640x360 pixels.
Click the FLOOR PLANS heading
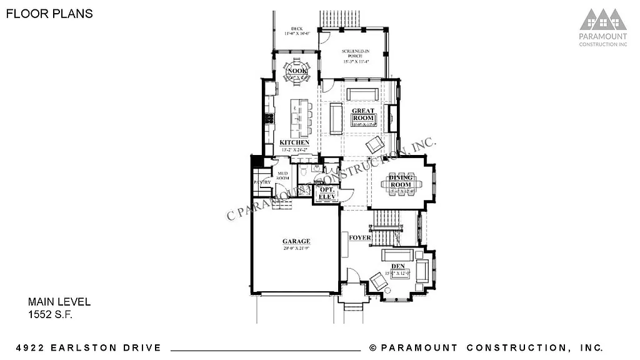coord(49,14)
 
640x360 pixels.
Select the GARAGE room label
coord(296,241)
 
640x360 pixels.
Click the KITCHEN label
coord(294,143)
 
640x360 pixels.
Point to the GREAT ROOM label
coord(363,115)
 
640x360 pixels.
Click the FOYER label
coord(360,238)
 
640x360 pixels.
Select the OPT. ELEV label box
coord(327,192)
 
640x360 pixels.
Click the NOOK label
coord(296,72)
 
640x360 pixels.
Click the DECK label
coord(296,29)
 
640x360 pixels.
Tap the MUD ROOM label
coord(282,174)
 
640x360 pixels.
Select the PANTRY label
coord(262,182)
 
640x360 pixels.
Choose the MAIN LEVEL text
coord(59,302)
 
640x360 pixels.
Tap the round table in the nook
coord(297,72)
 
